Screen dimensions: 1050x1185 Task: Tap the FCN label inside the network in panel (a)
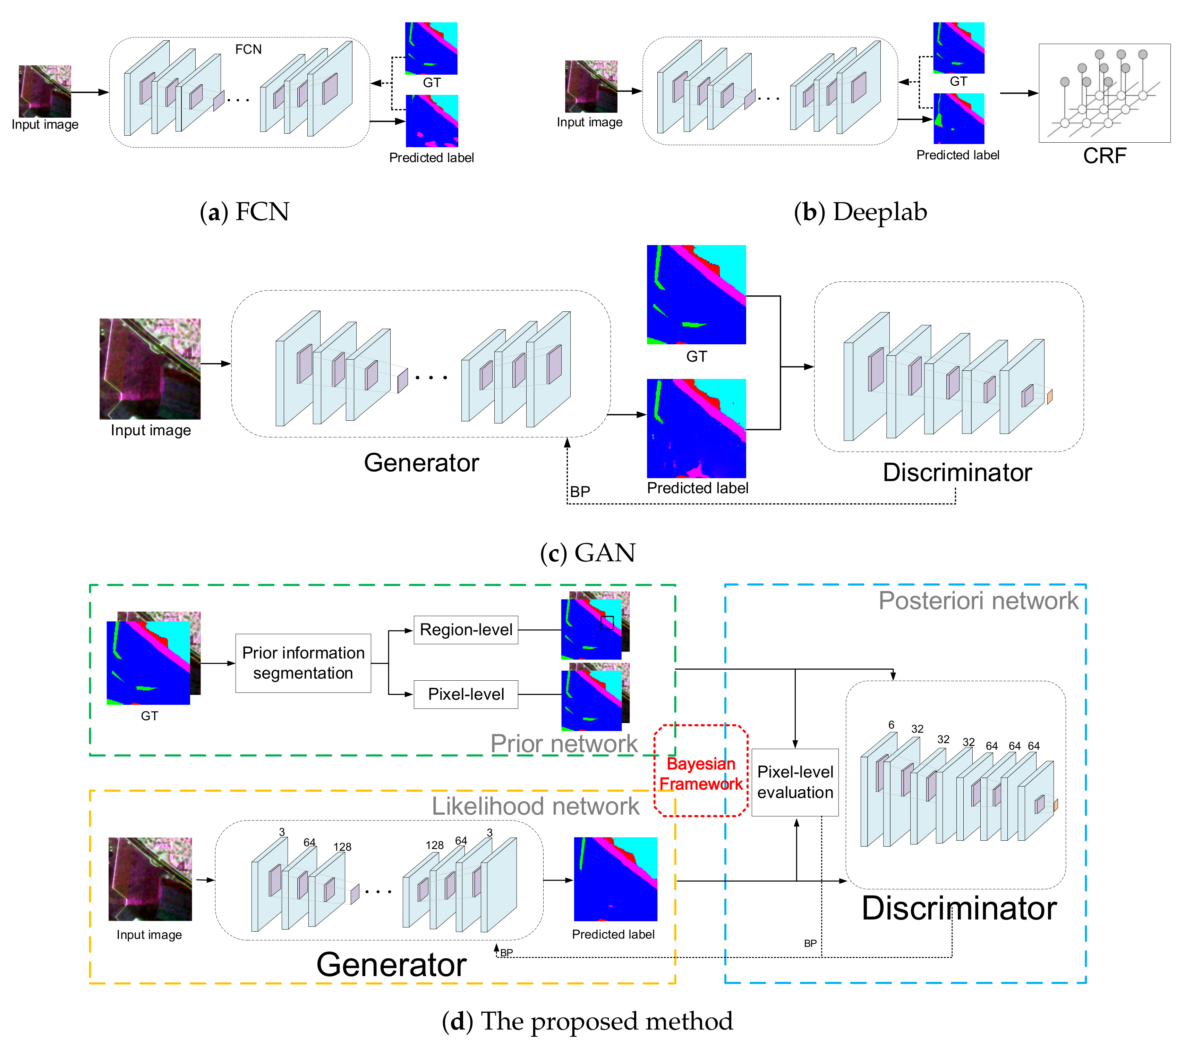(248, 49)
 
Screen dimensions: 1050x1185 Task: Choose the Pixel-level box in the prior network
(466, 695)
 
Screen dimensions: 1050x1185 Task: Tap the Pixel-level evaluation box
(795, 782)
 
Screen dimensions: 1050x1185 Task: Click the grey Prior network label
(563, 744)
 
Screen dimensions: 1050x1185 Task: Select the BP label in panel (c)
(580, 492)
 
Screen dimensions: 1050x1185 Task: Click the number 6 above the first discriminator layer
(891, 724)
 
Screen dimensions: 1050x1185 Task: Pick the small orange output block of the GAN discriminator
(1049, 397)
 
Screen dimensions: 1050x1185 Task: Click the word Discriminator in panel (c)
(957, 473)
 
